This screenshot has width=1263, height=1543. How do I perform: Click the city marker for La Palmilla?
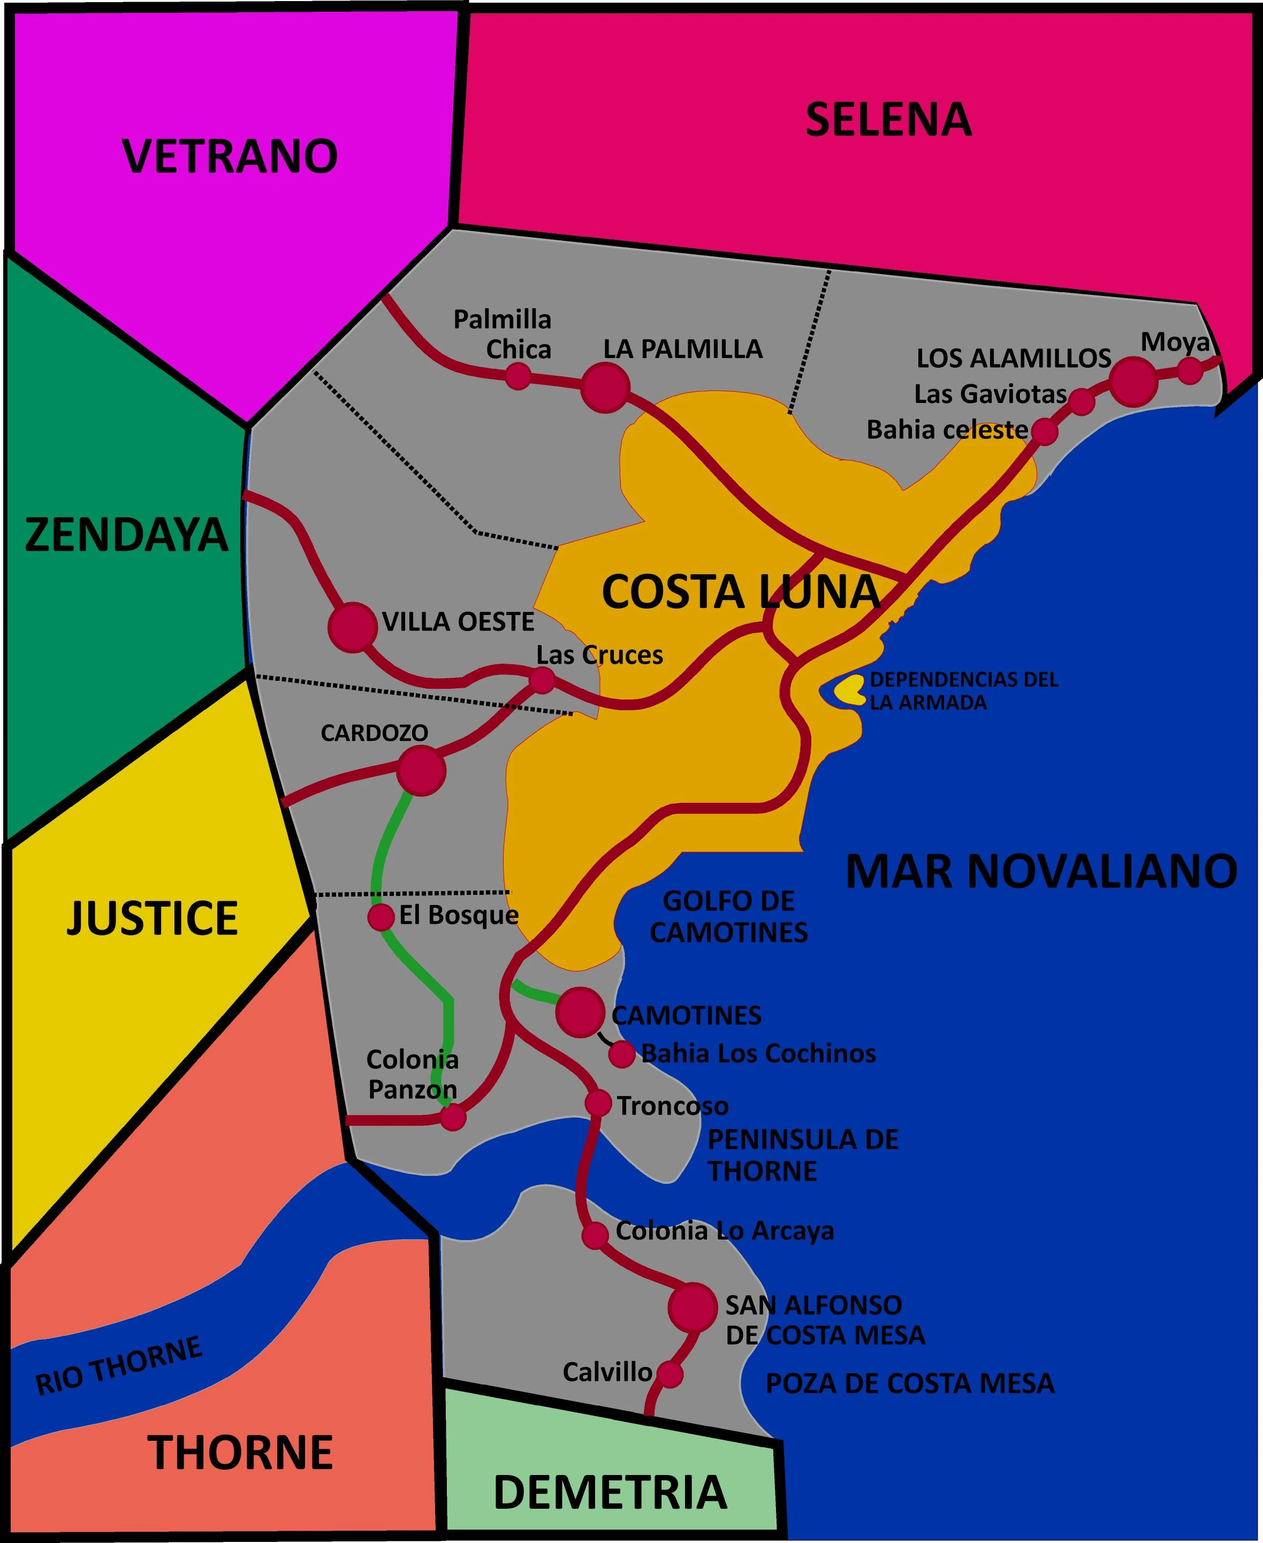click(x=605, y=387)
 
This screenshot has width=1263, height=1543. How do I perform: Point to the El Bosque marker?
click(x=381, y=917)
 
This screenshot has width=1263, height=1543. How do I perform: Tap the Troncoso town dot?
click(x=598, y=1104)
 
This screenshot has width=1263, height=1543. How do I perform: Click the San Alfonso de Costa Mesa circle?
click(x=693, y=1308)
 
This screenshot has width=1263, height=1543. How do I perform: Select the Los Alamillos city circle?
click(x=1133, y=381)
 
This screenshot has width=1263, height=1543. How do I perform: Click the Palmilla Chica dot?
click(x=518, y=376)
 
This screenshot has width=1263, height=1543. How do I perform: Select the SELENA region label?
click(x=888, y=120)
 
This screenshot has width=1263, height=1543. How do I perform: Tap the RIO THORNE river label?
click(x=119, y=1365)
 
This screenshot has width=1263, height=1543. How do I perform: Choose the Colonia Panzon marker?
click(x=453, y=1116)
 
